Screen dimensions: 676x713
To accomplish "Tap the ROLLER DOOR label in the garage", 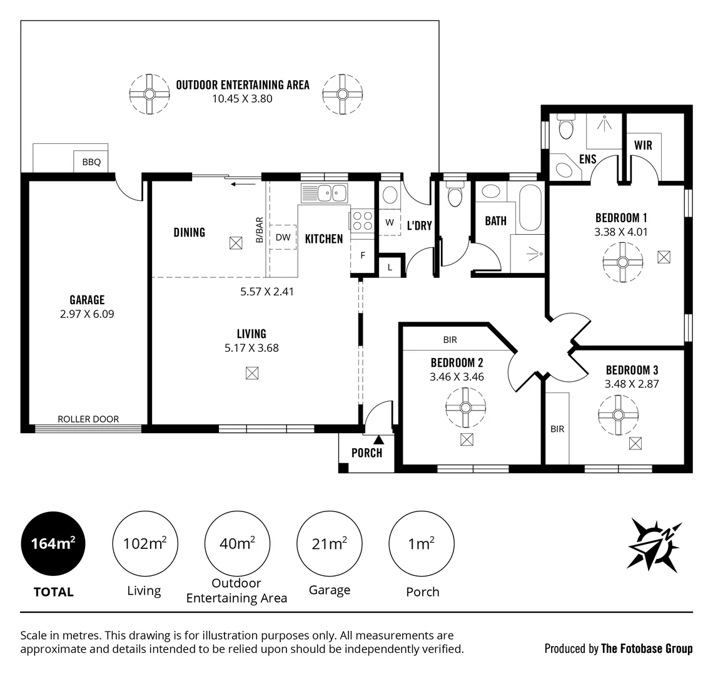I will point(88,419).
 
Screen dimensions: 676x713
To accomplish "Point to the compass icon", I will point(654,542).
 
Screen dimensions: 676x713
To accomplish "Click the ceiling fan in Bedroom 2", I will point(465,407).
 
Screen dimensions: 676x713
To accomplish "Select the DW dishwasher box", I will point(283,237).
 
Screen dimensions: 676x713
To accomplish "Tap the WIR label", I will point(643,145).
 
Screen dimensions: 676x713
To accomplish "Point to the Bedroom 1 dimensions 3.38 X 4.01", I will point(620,232).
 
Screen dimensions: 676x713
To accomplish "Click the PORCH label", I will point(367,453).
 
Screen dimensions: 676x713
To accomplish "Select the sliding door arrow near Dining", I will point(243,184).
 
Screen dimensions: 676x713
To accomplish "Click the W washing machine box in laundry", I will point(389,222).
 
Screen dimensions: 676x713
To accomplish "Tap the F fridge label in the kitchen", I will point(362,255).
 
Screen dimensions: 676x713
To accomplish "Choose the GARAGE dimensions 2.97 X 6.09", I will point(87,314).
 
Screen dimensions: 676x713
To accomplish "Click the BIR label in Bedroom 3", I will point(557,429).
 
